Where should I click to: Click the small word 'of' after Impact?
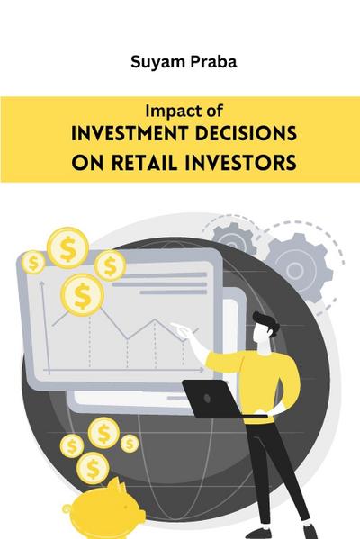pos(204,112)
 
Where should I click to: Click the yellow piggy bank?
pos(114,503)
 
